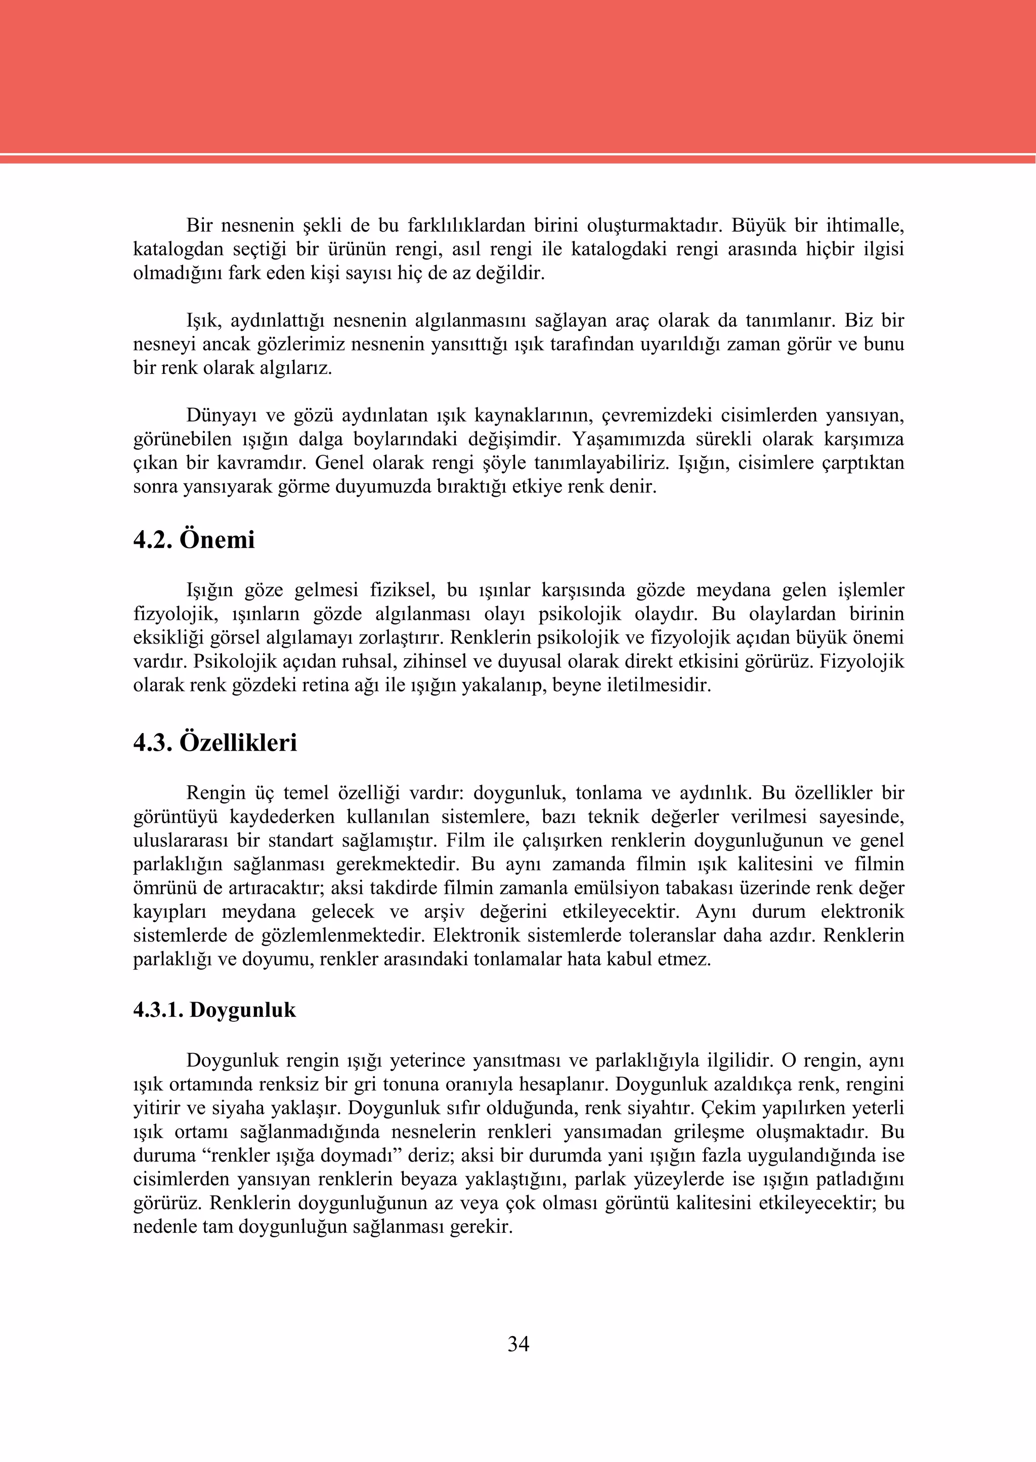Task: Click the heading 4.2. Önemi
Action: point(194,540)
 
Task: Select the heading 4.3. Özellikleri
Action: point(215,743)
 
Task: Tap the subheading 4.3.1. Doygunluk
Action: point(214,1010)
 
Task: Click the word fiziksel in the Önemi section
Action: point(402,590)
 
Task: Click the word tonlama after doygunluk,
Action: point(609,794)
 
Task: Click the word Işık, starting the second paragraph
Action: point(203,321)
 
